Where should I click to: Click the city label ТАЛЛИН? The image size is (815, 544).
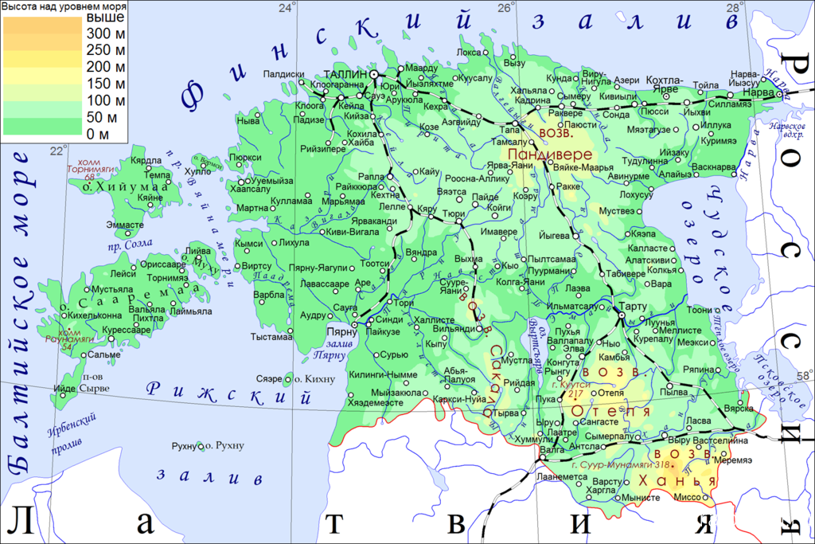point(346,73)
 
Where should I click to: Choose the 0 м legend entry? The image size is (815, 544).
point(97,132)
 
